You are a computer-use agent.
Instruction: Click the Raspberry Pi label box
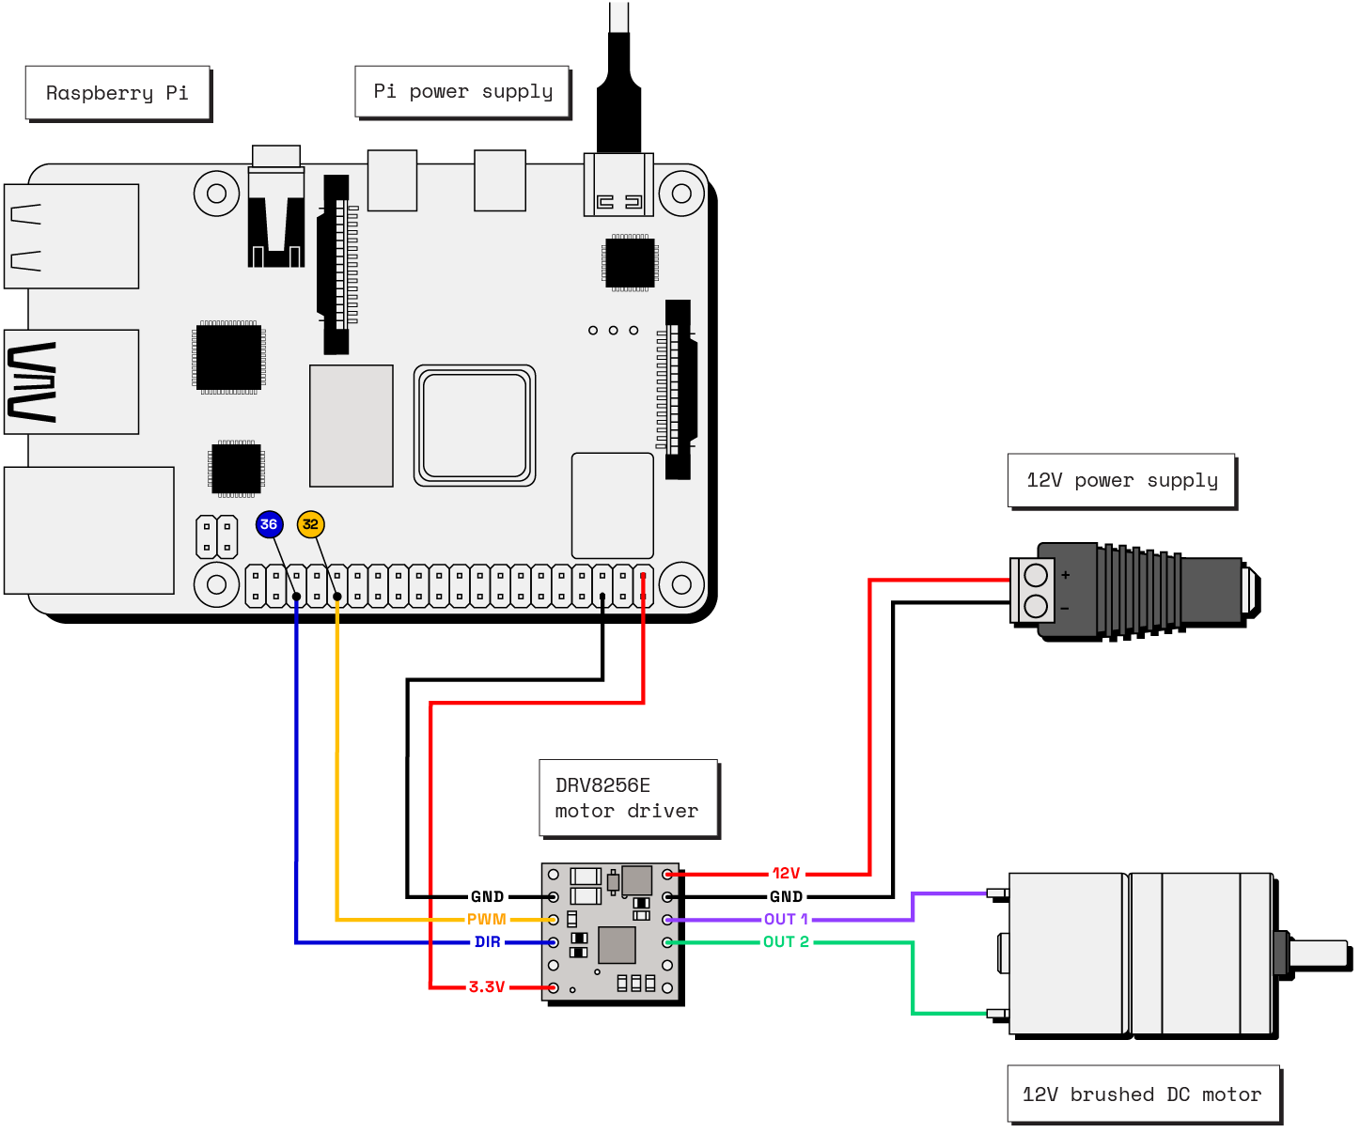click(117, 93)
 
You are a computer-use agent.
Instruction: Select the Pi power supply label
click(462, 91)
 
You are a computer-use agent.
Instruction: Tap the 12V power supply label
click(1121, 480)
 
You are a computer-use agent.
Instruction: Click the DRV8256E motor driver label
click(628, 798)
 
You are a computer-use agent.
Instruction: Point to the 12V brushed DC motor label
click(1142, 1094)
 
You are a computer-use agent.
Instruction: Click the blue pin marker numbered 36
click(269, 524)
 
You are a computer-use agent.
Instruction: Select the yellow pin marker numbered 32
click(310, 524)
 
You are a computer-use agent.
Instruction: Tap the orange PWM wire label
click(486, 920)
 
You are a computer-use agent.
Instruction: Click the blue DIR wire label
click(487, 942)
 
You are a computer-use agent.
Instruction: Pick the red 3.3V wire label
click(487, 987)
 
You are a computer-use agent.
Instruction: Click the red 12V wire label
click(786, 874)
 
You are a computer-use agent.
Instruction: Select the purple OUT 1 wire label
click(786, 920)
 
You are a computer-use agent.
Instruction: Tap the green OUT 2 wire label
click(786, 942)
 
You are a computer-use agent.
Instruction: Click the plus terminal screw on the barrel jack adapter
click(1036, 575)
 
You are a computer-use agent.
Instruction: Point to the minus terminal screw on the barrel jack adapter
click(1036, 606)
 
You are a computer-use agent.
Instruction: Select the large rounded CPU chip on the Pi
click(475, 426)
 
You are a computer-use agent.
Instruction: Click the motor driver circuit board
click(610, 932)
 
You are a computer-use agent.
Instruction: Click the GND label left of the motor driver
click(487, 897)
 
